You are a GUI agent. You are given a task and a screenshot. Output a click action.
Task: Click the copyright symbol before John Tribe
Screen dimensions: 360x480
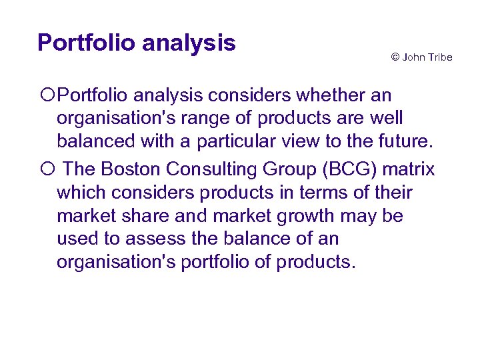[395, 57]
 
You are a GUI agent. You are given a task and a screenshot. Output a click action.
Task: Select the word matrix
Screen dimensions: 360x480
[411, 169]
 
